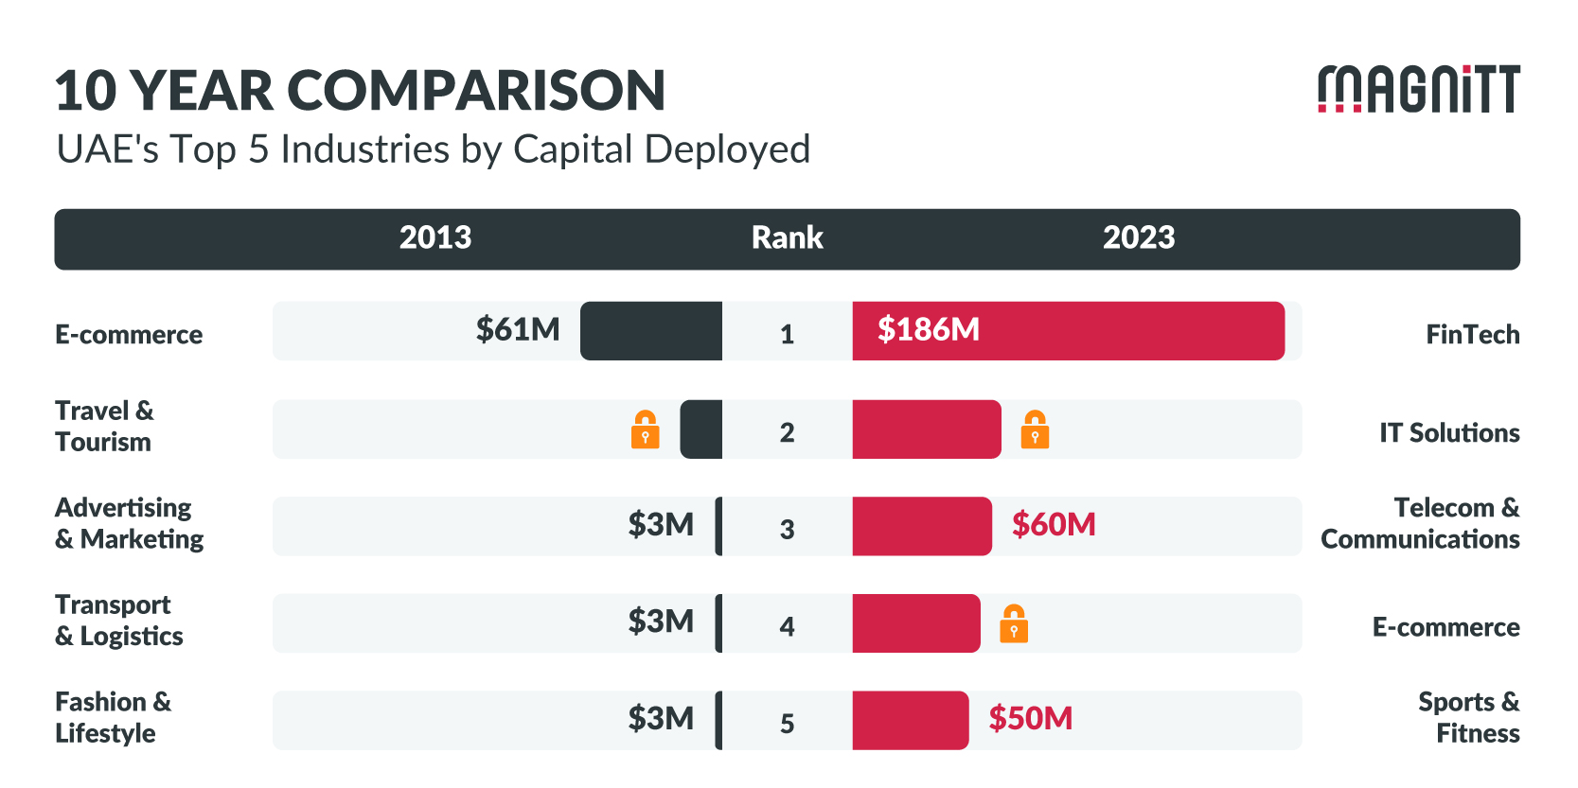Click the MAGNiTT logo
coord(1418,89)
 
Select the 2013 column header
coord(434,237)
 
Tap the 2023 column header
coord(1138,237)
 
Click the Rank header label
coord(787,237)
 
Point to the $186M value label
coord(928,330)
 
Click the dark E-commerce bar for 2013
coord(651,331)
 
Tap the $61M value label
coord(518,330)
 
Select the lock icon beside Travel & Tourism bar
coord(646,429)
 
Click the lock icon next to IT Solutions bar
coord(1035,429)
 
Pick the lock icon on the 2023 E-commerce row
coord(1014,623)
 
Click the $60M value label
coord(1054,525)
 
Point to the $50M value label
coord(1030,719)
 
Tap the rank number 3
coord(787,529)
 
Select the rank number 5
coord(787,724)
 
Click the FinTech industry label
coord(1472,335)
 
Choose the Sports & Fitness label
coord(1468,718)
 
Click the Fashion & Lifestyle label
coord(113,718)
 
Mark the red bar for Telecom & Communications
coord(921,526)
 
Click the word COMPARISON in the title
coord(476,91)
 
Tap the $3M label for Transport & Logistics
coord(661,622)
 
